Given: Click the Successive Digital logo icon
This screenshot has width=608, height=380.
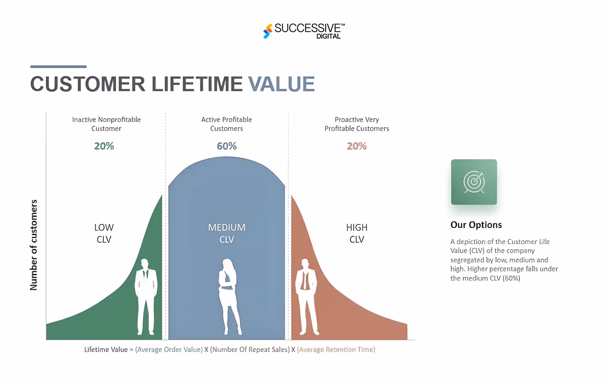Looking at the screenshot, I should [x=268, y=31].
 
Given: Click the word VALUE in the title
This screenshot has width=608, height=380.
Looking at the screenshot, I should [x=281, y=84].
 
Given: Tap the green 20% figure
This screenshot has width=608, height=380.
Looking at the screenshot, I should [x=104, y=146].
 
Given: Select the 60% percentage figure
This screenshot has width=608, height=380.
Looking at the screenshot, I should [x=227, y=146].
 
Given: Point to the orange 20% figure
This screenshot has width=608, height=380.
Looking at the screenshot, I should [x=357, y=146].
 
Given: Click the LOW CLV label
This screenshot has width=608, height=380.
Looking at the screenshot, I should [x=104, y=233].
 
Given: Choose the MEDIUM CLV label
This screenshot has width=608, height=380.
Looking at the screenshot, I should [x=227, y=233].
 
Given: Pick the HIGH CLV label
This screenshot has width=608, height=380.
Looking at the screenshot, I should [x=357, y=233].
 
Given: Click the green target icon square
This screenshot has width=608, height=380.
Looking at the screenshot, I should [x=474, y=182].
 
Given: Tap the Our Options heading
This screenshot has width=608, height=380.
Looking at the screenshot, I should [x=476, y=225].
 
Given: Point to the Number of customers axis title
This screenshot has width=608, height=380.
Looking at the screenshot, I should [x=34, y=245].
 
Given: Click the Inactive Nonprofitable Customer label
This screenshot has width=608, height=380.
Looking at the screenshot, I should [x=106, y=124].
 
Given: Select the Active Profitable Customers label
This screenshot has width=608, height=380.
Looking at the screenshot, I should [x=227, y=124].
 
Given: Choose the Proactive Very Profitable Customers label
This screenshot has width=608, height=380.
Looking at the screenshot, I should [x=357, y=124].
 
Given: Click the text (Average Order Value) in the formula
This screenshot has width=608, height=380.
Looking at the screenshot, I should [x=169, y=350].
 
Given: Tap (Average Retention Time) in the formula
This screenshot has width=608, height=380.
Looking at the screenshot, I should [x=336, y=350].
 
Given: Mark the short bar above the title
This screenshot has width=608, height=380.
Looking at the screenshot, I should [x=59, y=66].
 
